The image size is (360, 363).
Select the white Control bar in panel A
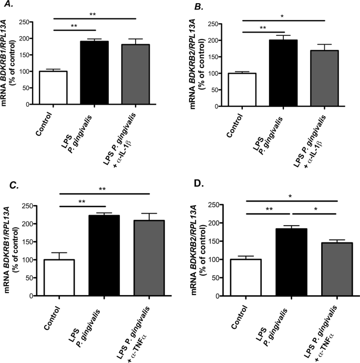coord(53,87)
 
